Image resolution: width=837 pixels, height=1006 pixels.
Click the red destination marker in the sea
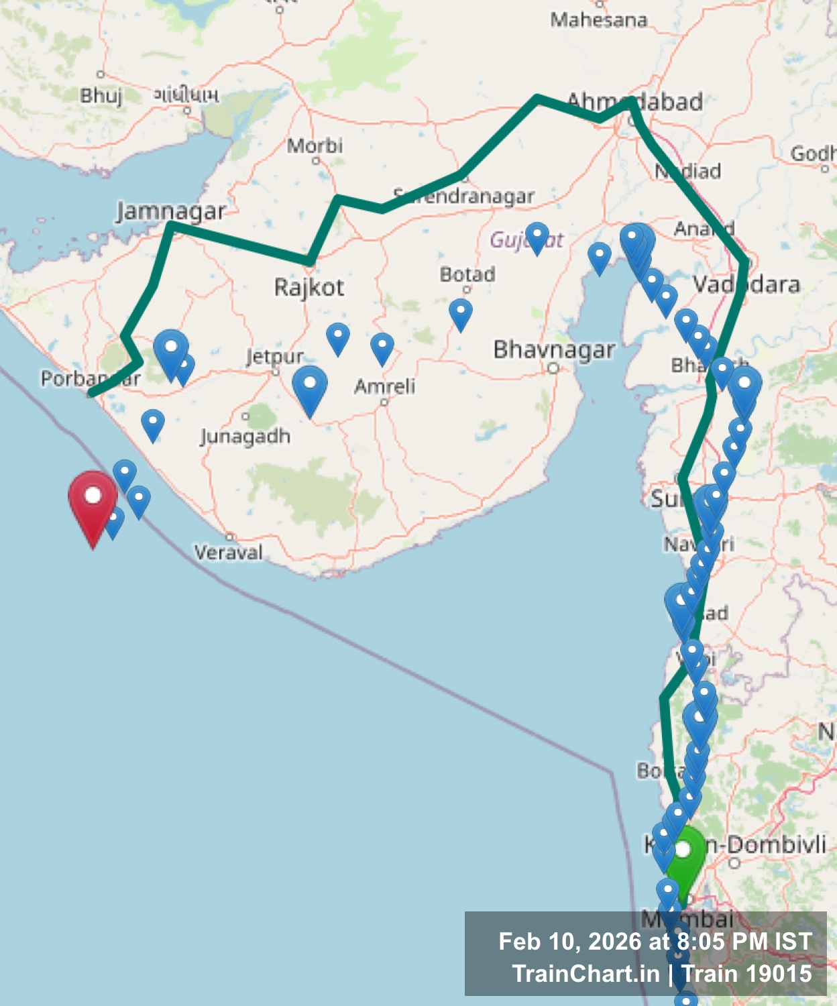[93, 503]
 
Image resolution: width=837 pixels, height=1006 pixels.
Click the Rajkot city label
[309, 288]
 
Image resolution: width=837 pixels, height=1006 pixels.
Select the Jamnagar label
[171, 211]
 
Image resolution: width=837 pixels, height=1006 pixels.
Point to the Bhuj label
[101, 95]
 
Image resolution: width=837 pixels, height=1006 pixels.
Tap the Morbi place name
[315, 146]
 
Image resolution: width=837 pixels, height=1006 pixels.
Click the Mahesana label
[598, 20]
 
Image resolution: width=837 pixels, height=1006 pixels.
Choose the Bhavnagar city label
[554, 349]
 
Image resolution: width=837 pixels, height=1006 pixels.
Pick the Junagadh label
[245, 437]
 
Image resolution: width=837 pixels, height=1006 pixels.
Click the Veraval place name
[228, 553]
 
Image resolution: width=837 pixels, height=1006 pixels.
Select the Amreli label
[384, 386]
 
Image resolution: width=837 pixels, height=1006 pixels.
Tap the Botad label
[467, 274]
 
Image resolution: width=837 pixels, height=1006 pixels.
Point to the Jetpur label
[275, 356]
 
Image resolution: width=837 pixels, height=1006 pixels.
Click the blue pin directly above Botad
[537, 237]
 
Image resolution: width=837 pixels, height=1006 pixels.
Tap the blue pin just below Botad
[460, 313]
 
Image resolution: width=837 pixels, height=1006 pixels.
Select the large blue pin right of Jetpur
[310, 387]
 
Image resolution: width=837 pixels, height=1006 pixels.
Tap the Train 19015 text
[746, 974]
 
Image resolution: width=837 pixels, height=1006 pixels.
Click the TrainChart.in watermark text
[585, 974]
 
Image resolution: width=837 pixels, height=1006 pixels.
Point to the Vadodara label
[746, 284]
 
